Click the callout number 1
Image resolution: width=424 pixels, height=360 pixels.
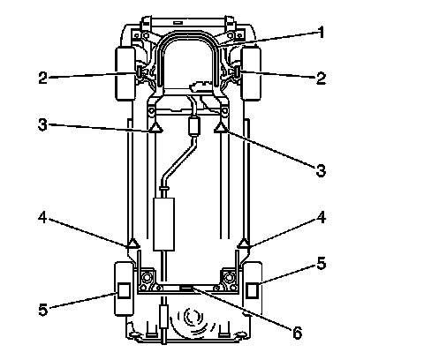pos(321,33)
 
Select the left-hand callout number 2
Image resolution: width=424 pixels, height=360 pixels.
pos(42,78)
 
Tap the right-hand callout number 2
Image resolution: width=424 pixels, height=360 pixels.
pos(321,79)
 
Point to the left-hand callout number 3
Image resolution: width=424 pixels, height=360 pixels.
pos(42,124)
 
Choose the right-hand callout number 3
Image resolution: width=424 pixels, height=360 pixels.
pos(321,170)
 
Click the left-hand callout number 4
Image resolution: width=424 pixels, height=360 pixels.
pos(42,218)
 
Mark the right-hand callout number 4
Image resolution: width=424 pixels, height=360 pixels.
pos(321,218)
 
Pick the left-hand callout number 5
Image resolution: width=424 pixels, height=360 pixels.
pos(43,310)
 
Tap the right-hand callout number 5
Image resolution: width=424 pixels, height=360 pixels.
pos(321,263)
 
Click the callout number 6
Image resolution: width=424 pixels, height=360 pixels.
pos(298,333)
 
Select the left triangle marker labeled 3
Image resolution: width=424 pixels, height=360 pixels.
pos(155,128)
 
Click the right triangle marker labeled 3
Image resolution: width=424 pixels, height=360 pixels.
pos(220,128)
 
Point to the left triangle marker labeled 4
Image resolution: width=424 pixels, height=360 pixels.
pos(132,244)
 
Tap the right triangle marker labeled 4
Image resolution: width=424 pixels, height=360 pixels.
pos(244,244)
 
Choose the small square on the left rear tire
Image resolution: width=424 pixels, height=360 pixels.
pos(124,290)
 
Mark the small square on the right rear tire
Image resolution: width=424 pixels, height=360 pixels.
pos(252,290)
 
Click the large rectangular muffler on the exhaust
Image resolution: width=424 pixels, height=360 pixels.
pos(164,224)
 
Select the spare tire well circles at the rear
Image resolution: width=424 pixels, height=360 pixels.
pos(193,319)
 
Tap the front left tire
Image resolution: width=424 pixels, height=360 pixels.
pos(125,73)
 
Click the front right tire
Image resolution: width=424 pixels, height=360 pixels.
pos(251,73)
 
